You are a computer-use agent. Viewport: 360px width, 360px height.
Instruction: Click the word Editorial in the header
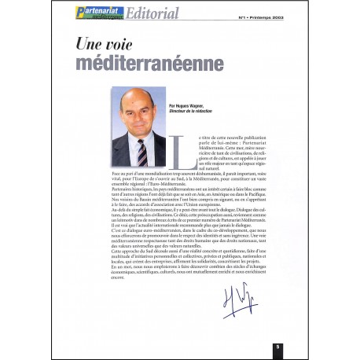(x=149, y=13)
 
